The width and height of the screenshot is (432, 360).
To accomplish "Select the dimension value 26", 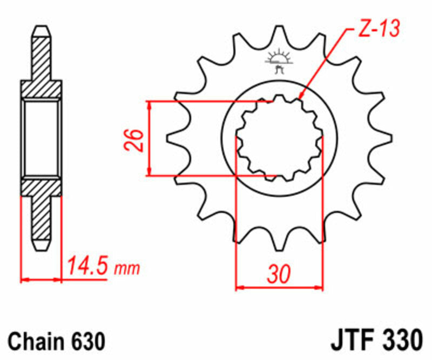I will point(136,139).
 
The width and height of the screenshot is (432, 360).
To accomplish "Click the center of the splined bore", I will point(279,138).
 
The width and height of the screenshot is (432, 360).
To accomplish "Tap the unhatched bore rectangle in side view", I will point(42,138).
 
